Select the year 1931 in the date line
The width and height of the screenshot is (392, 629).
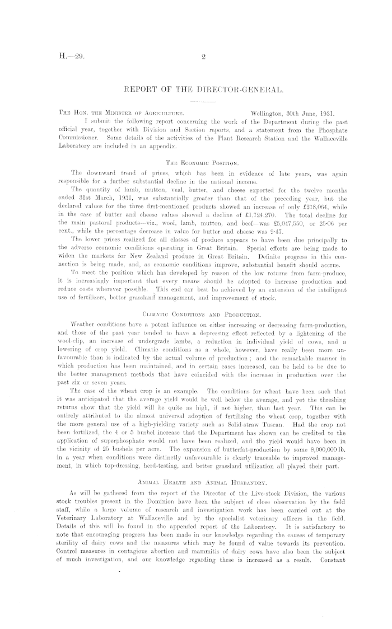[326, 112]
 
